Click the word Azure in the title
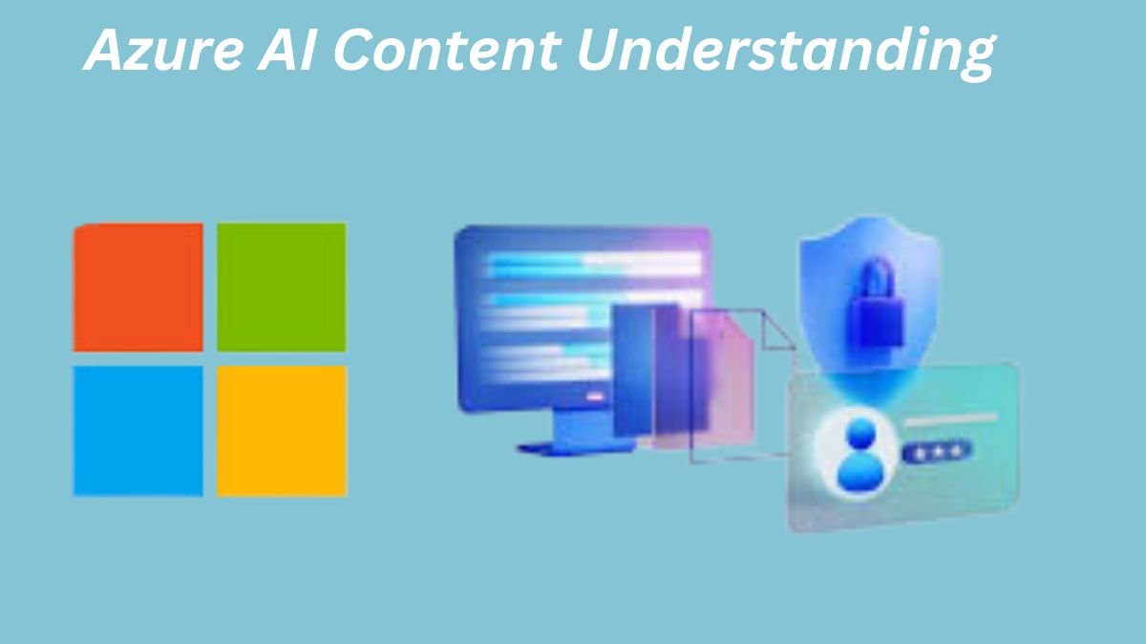point(163,51)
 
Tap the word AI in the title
point(287,51)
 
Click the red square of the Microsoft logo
point(138,288)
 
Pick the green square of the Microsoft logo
point(282,288)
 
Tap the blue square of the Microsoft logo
point(138,431)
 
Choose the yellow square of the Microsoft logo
point(282,431)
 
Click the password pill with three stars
point(936,452)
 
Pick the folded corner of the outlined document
point(777,331)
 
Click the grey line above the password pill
point(950,419)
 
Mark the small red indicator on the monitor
point(593,396)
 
